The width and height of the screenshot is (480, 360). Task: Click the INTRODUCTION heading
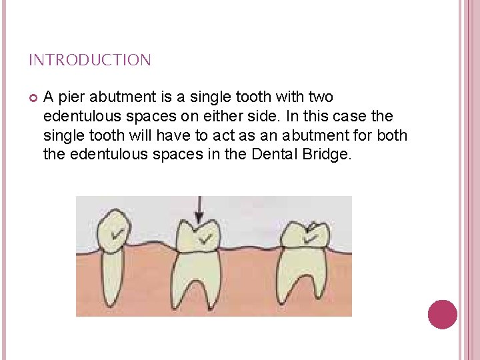tap(89, 61)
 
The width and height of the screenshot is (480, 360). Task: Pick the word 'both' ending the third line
tap(393, 136)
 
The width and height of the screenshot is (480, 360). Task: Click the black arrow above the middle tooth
tap(197, 210)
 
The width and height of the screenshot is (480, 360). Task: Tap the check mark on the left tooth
tap(118, 233)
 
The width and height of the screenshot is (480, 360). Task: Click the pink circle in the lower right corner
tap(442, 314)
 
